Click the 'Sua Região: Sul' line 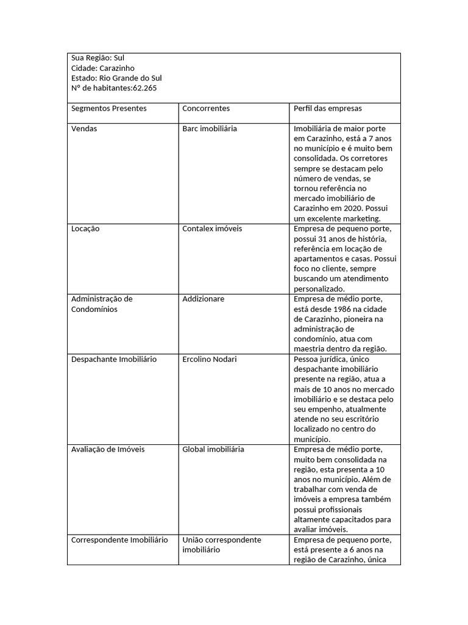(97, 58)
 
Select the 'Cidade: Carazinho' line (102, 68)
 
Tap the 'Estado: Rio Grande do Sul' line (116, 78)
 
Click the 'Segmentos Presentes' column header (108, 108)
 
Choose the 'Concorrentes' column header (206, 108)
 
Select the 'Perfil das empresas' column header (327, 108)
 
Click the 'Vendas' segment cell (84, 129)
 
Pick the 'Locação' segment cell (85, 228)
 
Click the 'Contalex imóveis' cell (212, 228)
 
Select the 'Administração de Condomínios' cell (102, 304)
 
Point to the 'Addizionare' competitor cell (204, 299)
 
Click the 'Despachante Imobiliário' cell (113, 359)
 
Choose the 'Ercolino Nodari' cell (210, 359)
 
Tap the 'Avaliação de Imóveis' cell (108, 449)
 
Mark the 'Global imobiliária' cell (213, 449)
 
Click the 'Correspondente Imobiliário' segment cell (119, 540)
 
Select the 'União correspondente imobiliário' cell (221, 544)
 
